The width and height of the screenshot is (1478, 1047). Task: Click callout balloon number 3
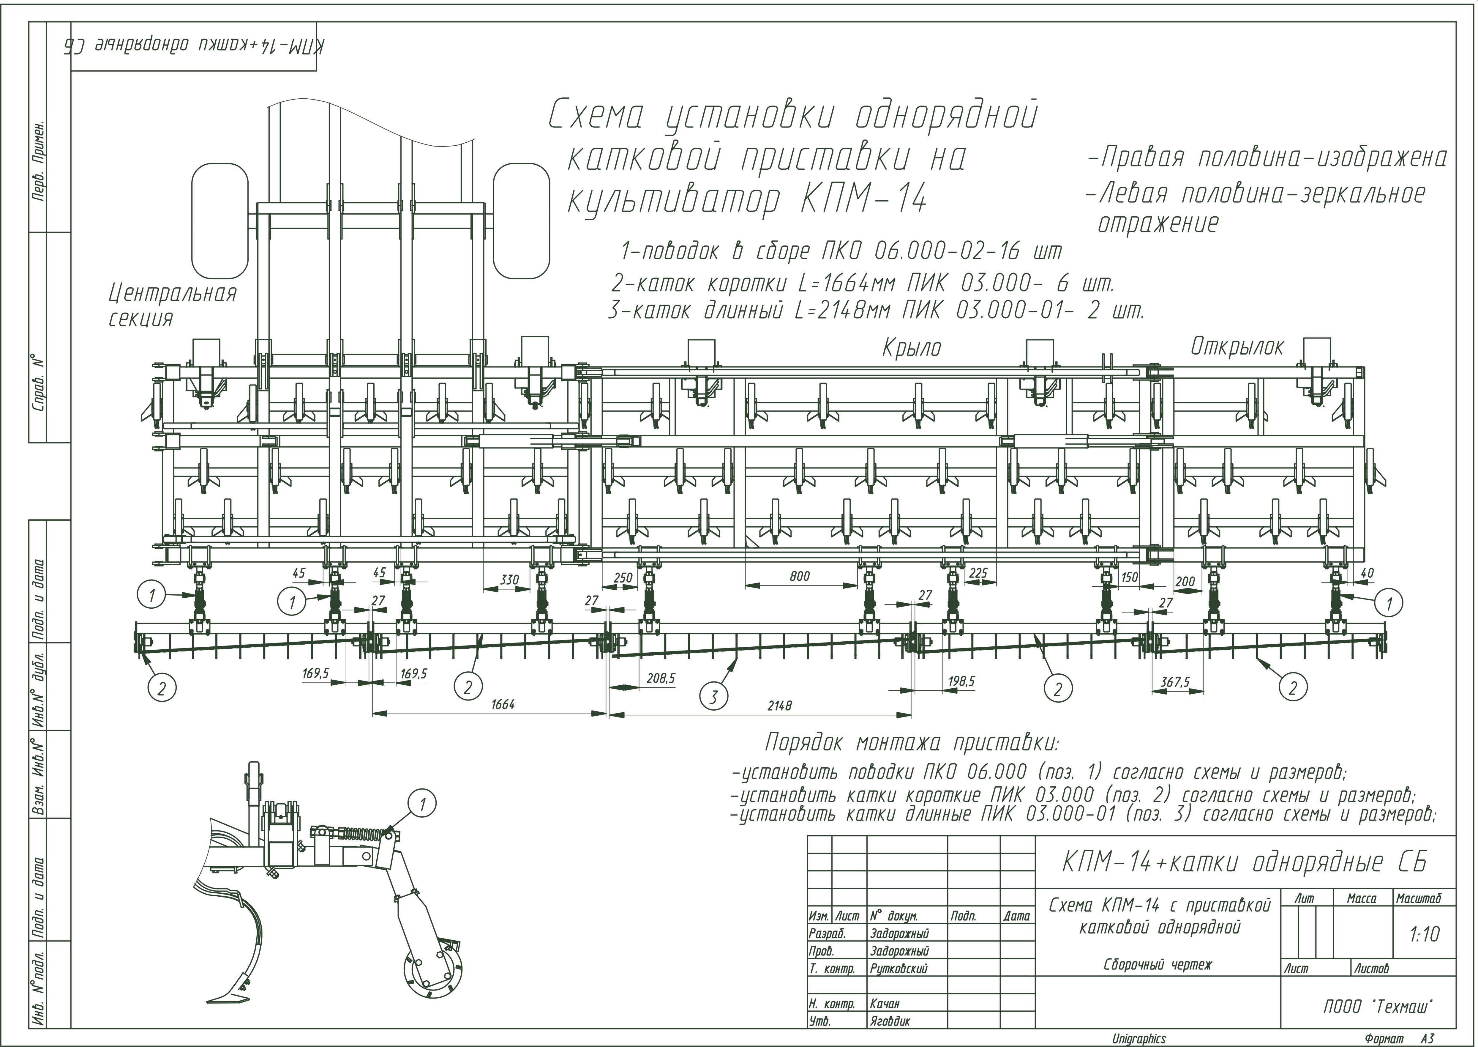(x=713, y=697)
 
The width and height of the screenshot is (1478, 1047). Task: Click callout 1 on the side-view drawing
(x=423, y=804)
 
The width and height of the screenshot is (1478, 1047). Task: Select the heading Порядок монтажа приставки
(x=911, y=743)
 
